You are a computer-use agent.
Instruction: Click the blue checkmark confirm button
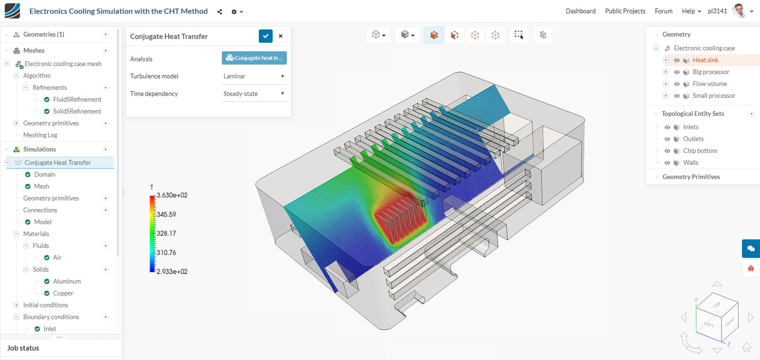point(266,36)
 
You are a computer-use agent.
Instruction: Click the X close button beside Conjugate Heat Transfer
point(281,36)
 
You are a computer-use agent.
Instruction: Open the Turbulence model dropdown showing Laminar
point(254,76)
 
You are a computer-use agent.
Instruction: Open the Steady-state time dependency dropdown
point(254,94)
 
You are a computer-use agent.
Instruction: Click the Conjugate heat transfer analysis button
point(254,58)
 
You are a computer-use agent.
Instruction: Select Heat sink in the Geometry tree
point(705,60)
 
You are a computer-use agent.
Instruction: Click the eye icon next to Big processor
point(677,72)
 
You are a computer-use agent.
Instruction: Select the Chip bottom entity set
point(700,151)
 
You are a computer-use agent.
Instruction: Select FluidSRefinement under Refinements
point(77,99)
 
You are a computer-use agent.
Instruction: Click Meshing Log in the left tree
point(40,135)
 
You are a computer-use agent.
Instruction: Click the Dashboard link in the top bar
point(580,11)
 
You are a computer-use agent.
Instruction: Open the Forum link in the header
point(663,11)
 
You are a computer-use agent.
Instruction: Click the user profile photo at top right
point(739,10)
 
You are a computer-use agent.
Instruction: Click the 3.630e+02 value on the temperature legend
point(172,195)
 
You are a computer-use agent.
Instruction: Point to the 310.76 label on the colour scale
point(166,253)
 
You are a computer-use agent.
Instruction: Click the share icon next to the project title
point(219,12)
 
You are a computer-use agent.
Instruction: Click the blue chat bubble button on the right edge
point(750,248)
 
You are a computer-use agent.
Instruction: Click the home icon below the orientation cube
point(746,347)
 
